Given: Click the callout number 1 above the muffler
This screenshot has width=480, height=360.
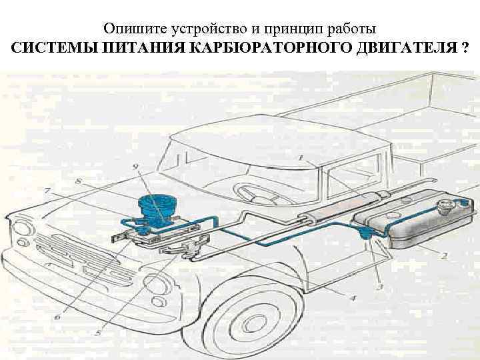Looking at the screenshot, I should (x=301, y=158).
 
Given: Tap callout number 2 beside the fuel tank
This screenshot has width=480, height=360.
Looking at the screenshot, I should (x=443, y=255).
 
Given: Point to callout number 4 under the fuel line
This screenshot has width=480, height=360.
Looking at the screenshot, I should (x=353, y=297).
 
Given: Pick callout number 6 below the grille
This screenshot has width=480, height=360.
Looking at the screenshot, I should (x=57, y=317).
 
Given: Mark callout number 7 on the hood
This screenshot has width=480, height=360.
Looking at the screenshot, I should (x=46, y=191).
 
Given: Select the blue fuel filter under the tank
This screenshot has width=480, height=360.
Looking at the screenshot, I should (x=364, y=232).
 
